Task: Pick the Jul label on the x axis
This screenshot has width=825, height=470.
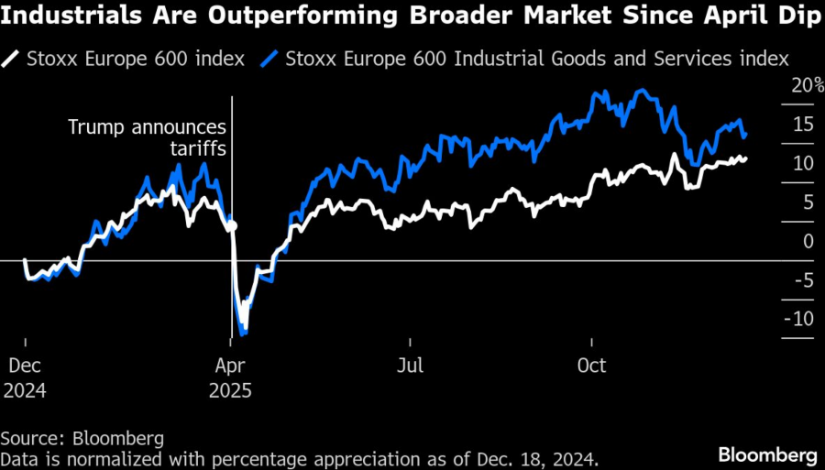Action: [411, 366]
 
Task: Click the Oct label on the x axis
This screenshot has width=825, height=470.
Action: [591, 366]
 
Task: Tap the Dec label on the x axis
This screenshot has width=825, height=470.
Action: [25, 366]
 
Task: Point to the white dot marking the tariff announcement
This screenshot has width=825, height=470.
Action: [232, 225]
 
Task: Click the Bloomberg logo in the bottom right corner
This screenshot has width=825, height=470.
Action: [768, 454]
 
